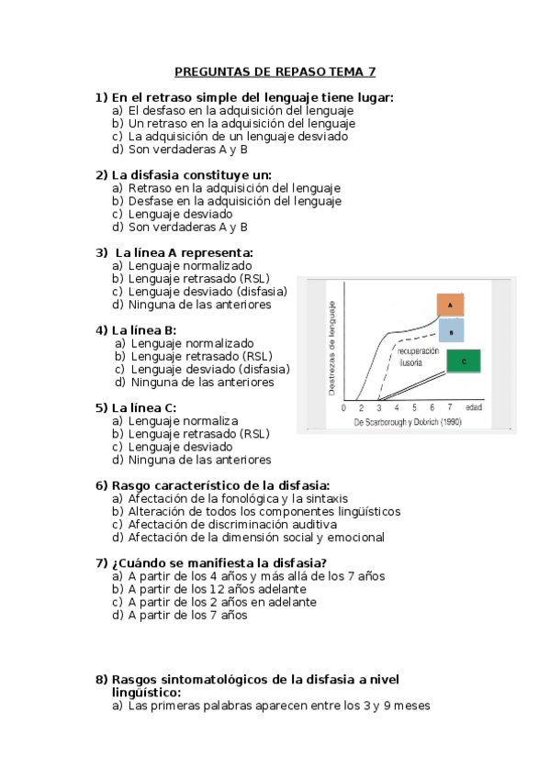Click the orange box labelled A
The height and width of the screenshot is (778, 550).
click(450, 305)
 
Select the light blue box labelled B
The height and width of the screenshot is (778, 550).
click(452, 331)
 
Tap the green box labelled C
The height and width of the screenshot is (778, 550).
click(465, 361)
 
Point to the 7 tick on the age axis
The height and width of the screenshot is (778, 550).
click(449, 407)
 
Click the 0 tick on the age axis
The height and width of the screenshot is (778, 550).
click(343, 407)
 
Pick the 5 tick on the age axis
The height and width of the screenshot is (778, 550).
click(414, 407)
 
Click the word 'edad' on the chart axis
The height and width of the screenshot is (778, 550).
click(474, 406)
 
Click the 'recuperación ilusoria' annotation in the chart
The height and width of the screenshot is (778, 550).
click(417, 358)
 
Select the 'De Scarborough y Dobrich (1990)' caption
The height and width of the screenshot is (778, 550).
click(408, 422)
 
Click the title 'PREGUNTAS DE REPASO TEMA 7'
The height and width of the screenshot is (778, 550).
click(275, 72)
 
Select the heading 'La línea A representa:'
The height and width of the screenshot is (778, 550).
click(184, 252)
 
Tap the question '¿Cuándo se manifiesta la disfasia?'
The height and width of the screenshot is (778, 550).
click(219, 562)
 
